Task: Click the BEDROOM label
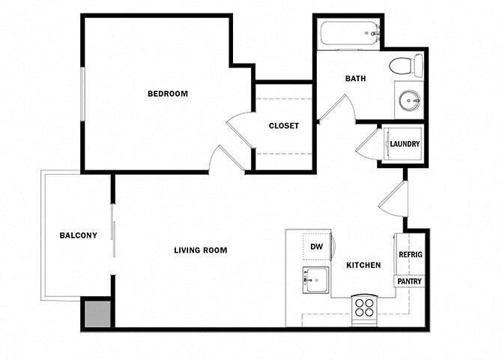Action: pyautogui.click(x=167, y=94)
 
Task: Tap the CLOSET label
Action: pyautogui.click(x=283, y=126)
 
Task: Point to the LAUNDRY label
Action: pyautogui.click(x=405, y=144)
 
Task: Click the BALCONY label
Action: pyautogui.click(x=78, y=235)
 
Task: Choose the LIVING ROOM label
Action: pyautogui.click(x=200, y=250)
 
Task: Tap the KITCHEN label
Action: pyautogui.click(x=363, y=265)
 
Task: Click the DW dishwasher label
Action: pyautogui.click(x=316, y=246)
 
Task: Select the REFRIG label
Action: pyautogui.click(x=410, y=255)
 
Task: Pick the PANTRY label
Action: pyautogui.click(x=410, y=282)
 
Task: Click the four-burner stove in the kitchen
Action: pyautogui.click(x=365, y=307)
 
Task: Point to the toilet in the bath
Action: pyautogui.click(x=405, y=65)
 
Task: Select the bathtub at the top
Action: pyautogui.click(x=350, y=34)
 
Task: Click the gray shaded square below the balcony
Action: pyautogui.click(x=96, y=313)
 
